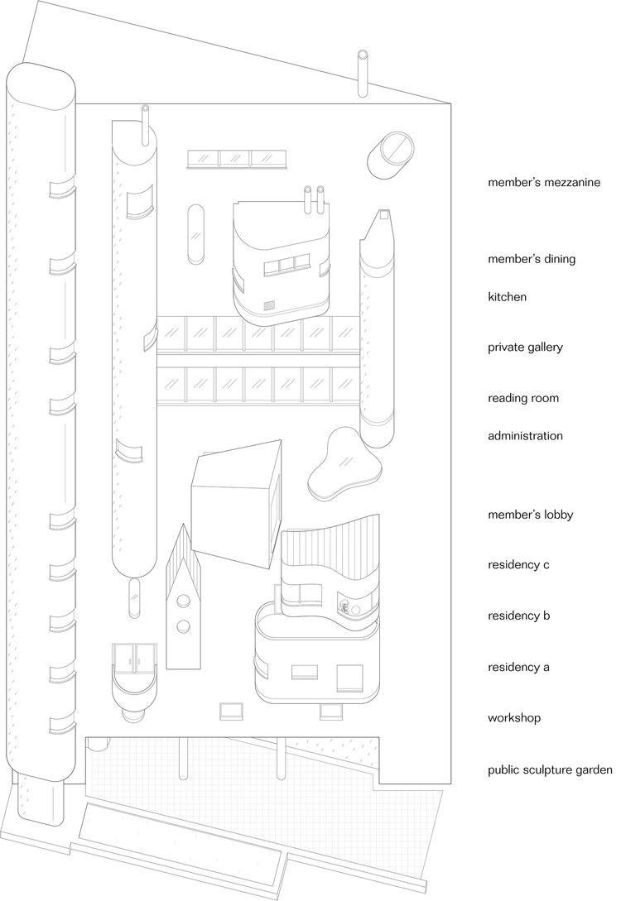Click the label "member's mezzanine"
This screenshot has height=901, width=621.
click(x=544, y=183)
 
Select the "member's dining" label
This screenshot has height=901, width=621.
click(x=532, y=259)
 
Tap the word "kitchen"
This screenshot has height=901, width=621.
click(x=507, y=297)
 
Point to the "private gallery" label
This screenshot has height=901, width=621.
click(x=525, y=347)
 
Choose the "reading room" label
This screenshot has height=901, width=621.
click(x=523, y=398)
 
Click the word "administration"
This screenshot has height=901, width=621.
click(x=525, y=435)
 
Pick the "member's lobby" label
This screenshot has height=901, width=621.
click(x=530, y=515)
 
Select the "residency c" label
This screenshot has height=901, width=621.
click(x=518, y=565)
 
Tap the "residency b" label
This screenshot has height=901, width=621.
click(x=518, y=616)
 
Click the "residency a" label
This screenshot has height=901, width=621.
click(x=518, y=667)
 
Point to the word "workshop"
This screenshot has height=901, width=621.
click(x=514, y=718)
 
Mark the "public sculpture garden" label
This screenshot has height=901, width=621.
click(x=550, y=770)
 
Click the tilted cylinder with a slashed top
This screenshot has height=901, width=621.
click(x=391, y=156)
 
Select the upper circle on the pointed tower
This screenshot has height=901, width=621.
click(x=184, y=601)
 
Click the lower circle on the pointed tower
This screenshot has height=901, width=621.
click(x=184, y=625)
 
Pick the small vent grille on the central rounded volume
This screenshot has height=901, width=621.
click(x=270, y=306)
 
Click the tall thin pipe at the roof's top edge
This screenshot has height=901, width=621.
click(x=363, y=74)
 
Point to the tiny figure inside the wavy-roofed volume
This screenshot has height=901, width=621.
click(x=345, y=607)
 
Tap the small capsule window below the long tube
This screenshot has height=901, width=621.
click(x=134, y=597)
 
